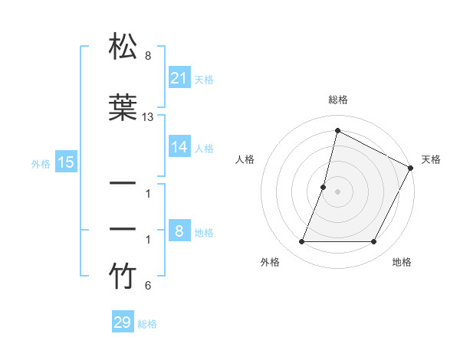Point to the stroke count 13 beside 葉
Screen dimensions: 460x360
click(x=148, y=117)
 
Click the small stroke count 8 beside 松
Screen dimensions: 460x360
click(x=148, y=56)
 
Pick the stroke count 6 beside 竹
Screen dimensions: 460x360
click(x=148, y=286)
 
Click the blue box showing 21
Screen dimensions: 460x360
click(x=179, y=78)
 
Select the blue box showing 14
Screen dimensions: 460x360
click(x=179, y=147)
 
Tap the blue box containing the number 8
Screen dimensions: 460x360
click(x=179, y=231)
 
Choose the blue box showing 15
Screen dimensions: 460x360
click(x=65, y=162)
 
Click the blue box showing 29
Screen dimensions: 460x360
click(x=123, y=322)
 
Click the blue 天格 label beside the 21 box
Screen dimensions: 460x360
click(x=204, y=79)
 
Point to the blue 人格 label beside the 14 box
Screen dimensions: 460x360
click(x=204, y=148)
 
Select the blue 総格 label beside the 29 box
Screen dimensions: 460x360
click(x=147, y=324)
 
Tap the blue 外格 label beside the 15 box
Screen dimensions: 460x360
click(x=41, y=163)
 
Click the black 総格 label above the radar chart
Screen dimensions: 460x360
click(x=337, y=100)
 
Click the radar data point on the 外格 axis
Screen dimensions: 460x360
click(x=301, y=242)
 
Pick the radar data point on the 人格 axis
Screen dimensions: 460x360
click(x=324, y=187)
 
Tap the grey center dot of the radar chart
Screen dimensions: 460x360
click(x=337, y=191)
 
